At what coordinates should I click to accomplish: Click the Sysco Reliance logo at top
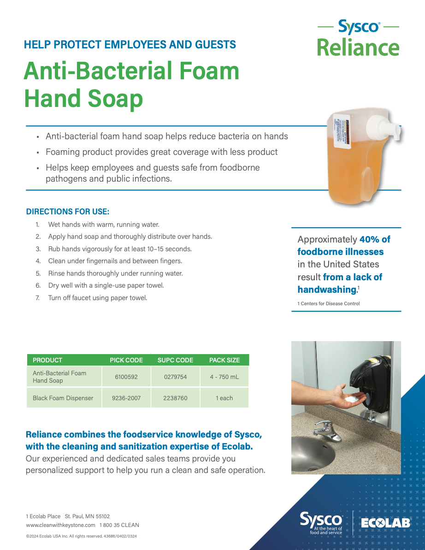pyautogui.click(x=358, y=38)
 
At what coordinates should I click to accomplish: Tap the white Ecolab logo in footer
pyautogui.click(x=385, y=523)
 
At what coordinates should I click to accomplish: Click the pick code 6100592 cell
pyautogui.click(x=126, y=377)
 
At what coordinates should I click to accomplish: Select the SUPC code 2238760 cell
pyautogui.click(x=175, y=398)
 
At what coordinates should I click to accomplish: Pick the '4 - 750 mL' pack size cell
pyautogui.click(x=224, y=377)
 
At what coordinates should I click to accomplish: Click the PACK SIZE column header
pyautogui.click(x=224, y=360)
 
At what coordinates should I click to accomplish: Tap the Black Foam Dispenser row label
pyautogui.click(x=63, y=398)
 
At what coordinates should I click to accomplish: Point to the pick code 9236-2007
pyautogui.click(x=126, y=398)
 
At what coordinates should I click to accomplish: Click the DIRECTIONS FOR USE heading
pyautogui.click(x=68, y=212)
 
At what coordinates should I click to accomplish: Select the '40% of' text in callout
pyautogui.click(x=375, y=239)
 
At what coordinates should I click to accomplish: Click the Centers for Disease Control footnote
pyautogui.click(x=329, y=304)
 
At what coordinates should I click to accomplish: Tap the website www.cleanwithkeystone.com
pyautogui.click(x=61, y=525)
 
